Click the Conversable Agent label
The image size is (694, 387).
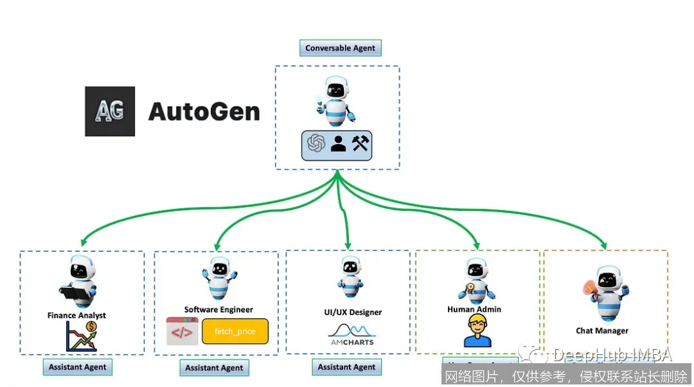coord(341,48)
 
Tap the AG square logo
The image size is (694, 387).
coord(110,111)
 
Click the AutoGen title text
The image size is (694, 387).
coord(204,112)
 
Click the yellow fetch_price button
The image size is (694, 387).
coord(235,332)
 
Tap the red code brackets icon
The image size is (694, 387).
coord(182,332)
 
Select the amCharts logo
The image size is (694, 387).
coord(351,334)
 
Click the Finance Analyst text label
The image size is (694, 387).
coord(76,316)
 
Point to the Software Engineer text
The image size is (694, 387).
coord(218,309)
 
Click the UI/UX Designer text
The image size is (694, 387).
coord(353,312)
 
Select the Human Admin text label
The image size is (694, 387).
coord(474,309)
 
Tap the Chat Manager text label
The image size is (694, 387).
coord(602,331)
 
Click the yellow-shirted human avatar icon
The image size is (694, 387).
coord(477,331)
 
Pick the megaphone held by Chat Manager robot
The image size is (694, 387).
coord(589,291)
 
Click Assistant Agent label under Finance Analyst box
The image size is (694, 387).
coord(78,367)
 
